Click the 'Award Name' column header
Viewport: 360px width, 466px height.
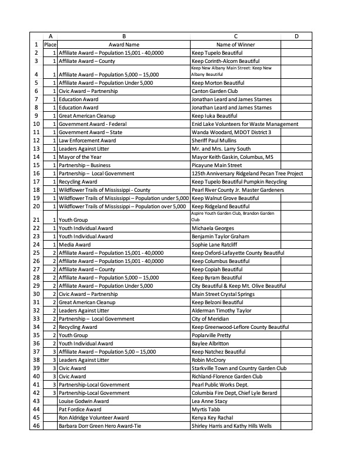[x=124, y=44]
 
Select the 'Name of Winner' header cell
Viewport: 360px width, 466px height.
[x=235, y=44]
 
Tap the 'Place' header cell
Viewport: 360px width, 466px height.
[x=50, y=44]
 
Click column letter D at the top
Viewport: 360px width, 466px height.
[x=296, y=36]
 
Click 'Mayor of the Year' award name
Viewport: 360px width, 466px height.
[x=82, y=157]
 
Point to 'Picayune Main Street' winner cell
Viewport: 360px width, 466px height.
[x=216, y=165]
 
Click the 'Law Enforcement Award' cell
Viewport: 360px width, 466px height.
[x=87, y=141]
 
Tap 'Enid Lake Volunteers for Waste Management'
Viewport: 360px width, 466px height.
[x=245, y=124]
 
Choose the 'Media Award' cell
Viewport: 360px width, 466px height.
[x=74, y=244]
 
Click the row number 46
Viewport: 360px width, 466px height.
[x=36, y=425]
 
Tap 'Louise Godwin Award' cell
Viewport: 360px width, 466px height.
[x=84, y=401]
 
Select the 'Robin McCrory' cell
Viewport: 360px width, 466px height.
[x=209, y=360]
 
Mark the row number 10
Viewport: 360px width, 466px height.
[x=36, y=124]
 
